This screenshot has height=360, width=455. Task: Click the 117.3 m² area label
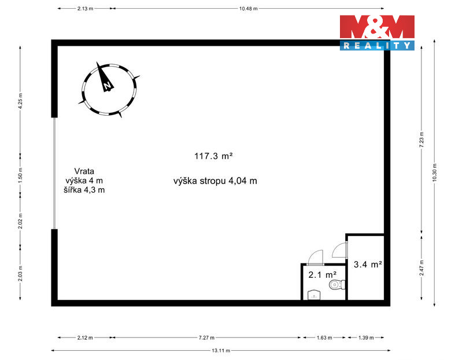(213, 156)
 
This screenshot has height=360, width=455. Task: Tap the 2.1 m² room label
(323, 274)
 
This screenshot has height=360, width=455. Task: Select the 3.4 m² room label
(368, 265)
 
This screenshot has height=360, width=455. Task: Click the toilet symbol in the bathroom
(337, 284)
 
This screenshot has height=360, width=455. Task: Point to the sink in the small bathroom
(314, 295)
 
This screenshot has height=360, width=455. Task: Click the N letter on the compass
(108, 86)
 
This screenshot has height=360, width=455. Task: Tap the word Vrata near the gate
(84, 171)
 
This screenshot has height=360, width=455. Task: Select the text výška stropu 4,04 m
(215, 181)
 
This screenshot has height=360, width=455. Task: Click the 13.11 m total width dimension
(221, 350)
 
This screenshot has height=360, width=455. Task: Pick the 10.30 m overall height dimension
(434, 172)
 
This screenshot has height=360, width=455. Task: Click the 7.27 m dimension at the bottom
(206, 337)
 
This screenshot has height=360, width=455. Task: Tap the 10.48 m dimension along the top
(248, 9)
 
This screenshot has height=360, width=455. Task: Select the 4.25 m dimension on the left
(20, 101)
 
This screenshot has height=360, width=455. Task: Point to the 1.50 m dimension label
(20, 175)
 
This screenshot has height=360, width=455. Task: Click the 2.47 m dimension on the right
(421, 268)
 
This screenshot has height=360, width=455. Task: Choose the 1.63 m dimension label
(324, 337)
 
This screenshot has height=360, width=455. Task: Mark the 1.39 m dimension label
(366, 337)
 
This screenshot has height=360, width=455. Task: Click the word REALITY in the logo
(377, 45)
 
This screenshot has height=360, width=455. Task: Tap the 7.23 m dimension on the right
(421, 139)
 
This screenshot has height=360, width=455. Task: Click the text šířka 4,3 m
(84, 190)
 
